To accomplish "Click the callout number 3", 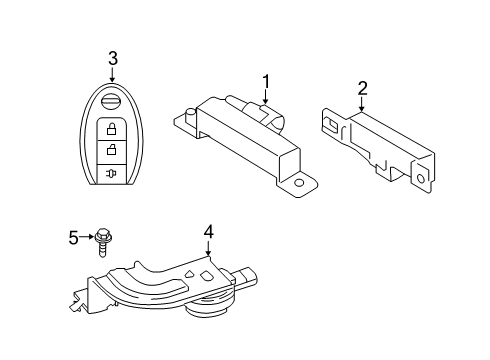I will (113, 57).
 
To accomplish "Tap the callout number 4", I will (208, 233).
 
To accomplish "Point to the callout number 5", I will (73, 237).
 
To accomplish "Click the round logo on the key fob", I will (113, 103).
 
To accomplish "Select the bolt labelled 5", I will (104, 240).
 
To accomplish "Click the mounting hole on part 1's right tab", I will (297, 186).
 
